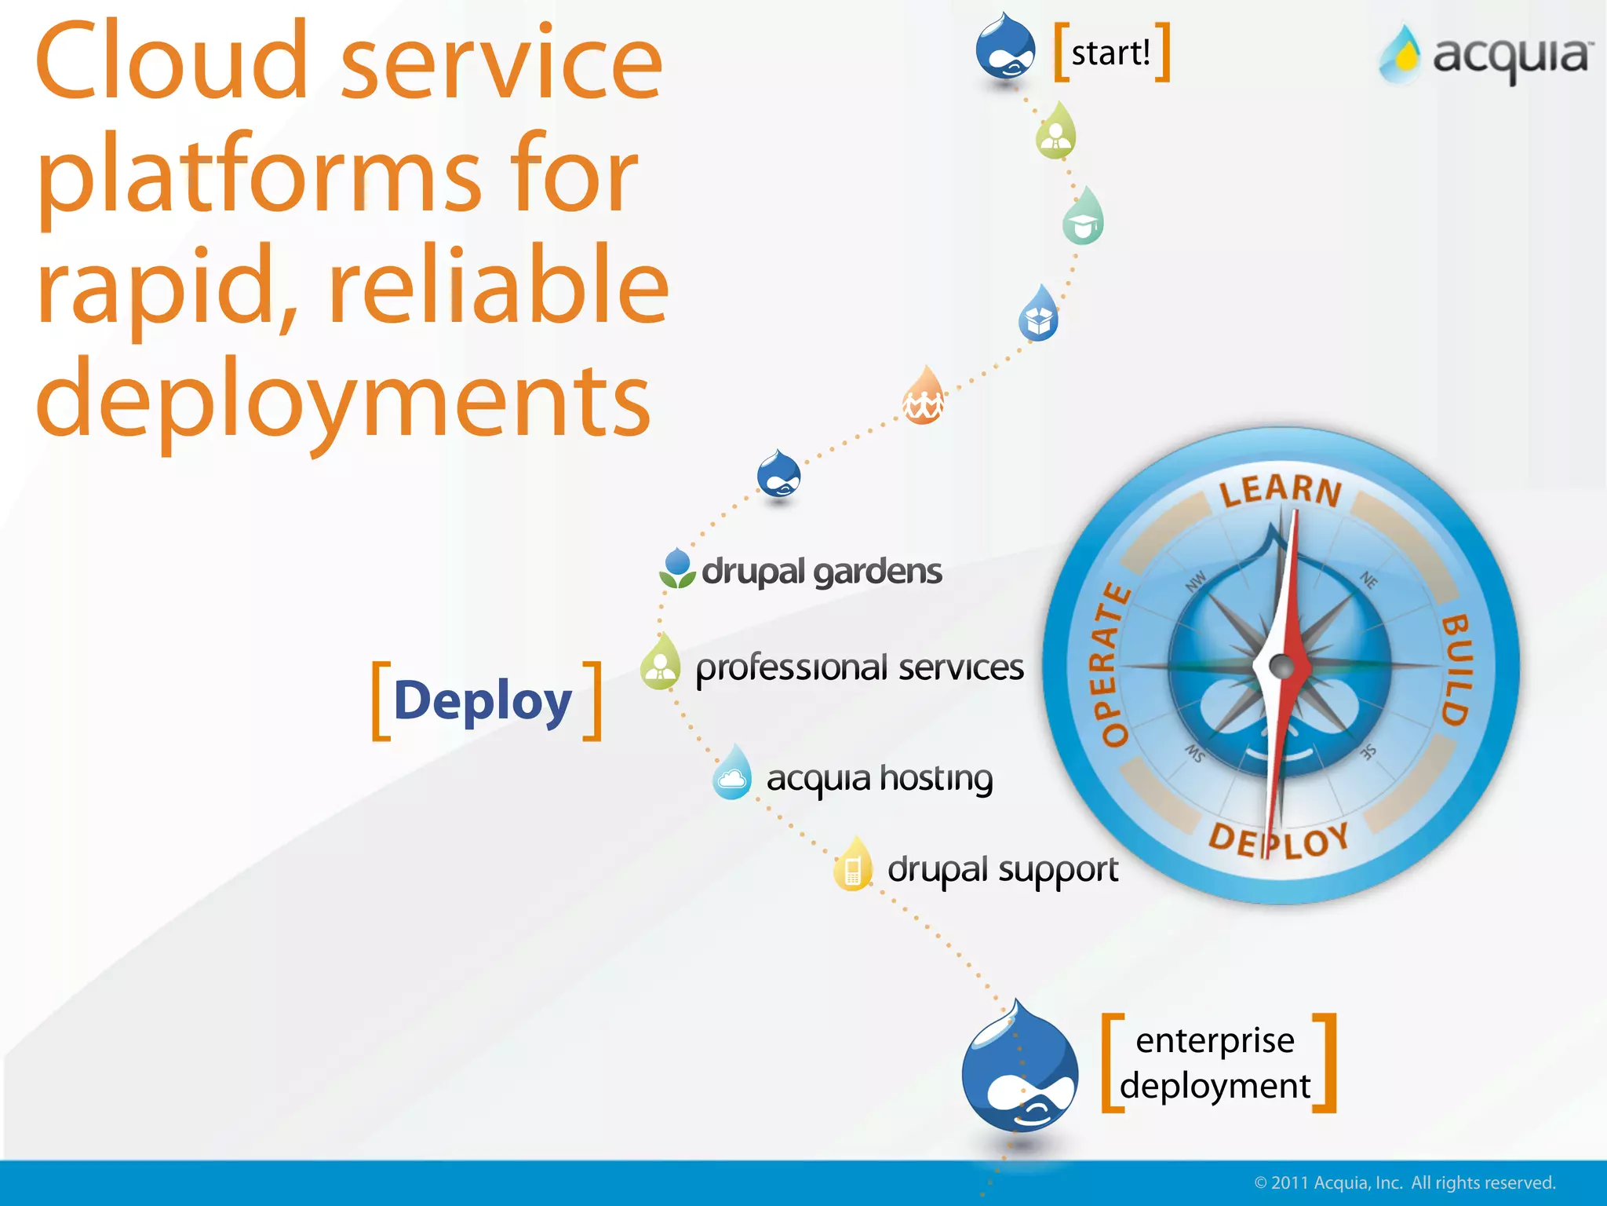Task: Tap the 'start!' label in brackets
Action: coord(1111,53)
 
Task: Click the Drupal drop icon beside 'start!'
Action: coord(1005,49)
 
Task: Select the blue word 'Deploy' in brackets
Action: coord(483,701)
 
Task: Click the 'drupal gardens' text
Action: coord(821,572)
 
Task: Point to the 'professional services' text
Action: coord(859,668)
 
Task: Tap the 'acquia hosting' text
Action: coord(879,779)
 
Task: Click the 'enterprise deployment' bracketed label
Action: coord(1215,1063)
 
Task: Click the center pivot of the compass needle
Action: coord(1281,667)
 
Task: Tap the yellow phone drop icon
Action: coord(853,865)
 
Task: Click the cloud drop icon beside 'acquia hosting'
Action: coord(732,774)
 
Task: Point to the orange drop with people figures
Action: coord(924,397)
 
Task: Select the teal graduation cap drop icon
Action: coord(1083,218)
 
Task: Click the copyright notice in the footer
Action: coord(1405,1182)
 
